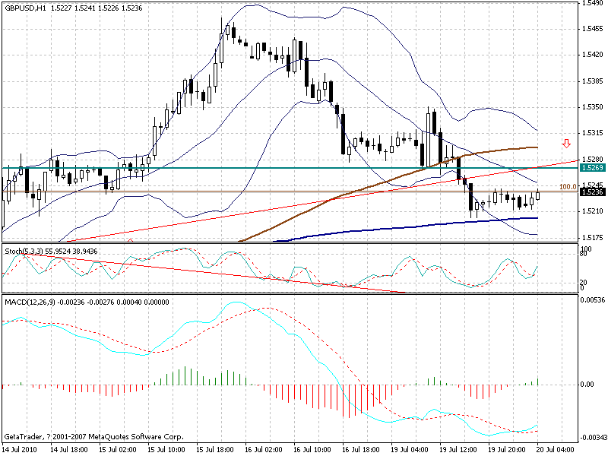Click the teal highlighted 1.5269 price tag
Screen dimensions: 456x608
591,167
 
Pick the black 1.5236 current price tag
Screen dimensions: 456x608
591,192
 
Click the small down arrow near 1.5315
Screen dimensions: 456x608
566,143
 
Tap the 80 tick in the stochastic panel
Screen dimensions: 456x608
582,253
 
